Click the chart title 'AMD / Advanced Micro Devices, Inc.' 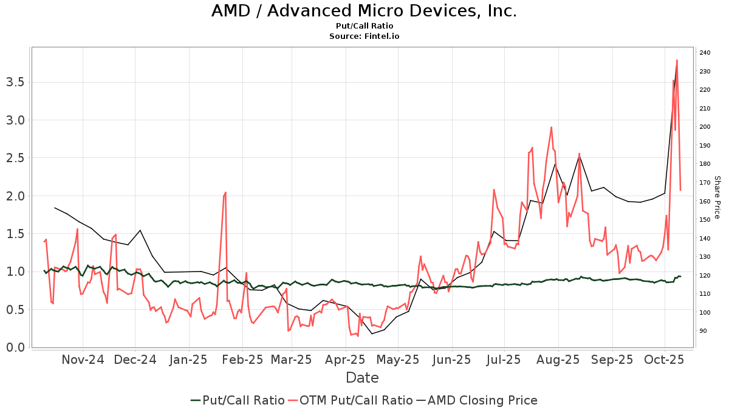tap(364, 11)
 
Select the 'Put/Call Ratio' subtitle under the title tap(364, 26)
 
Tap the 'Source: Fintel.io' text tap(364, 36)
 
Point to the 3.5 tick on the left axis tap(15, 82)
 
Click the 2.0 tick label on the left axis tap(15, 196)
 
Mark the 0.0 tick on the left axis tap(15, 347)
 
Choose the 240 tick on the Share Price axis tap(705, 53)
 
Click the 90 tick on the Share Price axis tap(703, 331)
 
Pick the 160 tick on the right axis tap(705, 201)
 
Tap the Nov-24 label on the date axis tap(83, 360)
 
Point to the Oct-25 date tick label tap(665, 360)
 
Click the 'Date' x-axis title tap(362, 378)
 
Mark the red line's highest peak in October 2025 tap(677, 60)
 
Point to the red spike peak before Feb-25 tap(225, 193)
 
